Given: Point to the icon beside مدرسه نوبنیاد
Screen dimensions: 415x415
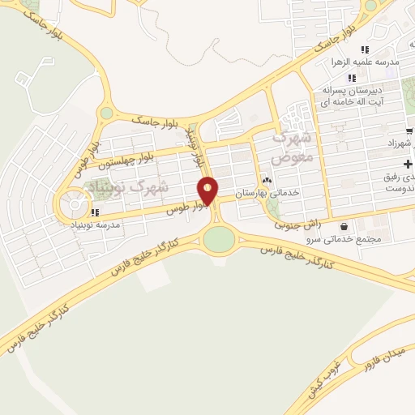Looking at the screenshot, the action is [x=95, y=213].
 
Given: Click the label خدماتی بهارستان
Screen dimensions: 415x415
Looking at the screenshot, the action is [x=263, y=194].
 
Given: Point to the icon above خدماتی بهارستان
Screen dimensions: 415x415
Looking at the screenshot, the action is [x=266, y=180].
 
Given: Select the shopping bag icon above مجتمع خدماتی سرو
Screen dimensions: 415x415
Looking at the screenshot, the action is [x=346, y=226].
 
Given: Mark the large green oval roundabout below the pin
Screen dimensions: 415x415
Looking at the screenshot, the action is [x=217, y=239].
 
